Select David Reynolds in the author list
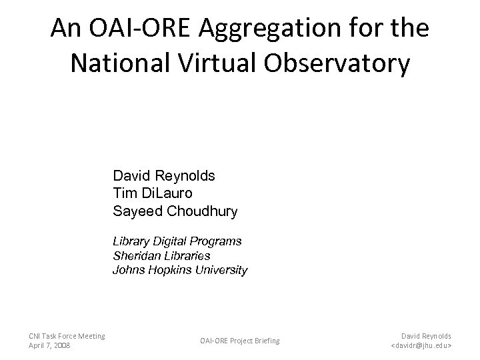[164, 177]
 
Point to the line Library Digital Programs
[177, 241]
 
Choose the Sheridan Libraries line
[161, 255]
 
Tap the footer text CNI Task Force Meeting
[67, 335]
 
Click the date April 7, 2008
[50, 346]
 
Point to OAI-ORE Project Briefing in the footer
[240, 341]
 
